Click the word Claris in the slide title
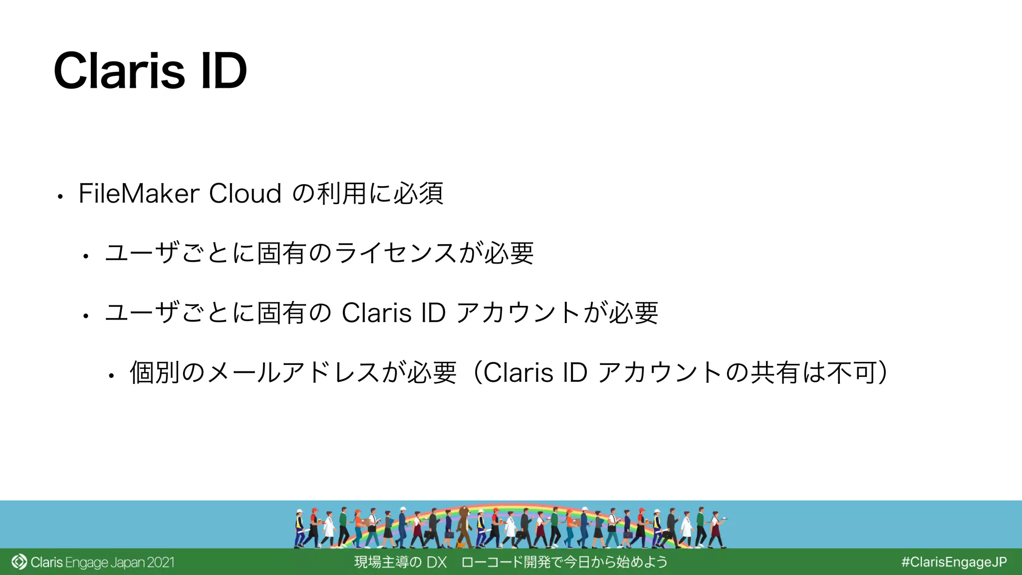click(119, 71)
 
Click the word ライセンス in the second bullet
click(395, 253)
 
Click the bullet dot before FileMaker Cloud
click(60, 197)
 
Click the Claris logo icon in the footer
click(19, 562)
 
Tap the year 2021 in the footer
click(161, 563)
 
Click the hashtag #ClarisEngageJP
click(954, 562)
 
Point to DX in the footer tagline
click(436, 563)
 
